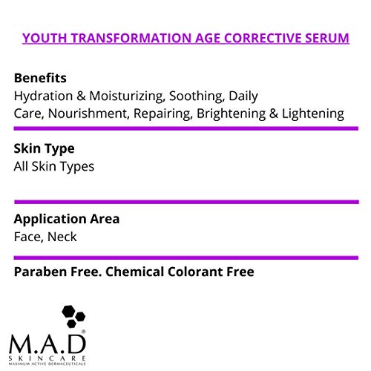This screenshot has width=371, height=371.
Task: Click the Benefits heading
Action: pos(41,77)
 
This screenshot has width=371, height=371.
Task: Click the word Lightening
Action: pos(315,114)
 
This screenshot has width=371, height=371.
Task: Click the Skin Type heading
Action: pos(44,148)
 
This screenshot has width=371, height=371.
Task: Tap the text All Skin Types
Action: pos(54,166)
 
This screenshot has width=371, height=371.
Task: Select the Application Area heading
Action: pos(67,220)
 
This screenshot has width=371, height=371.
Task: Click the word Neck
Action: pos(62,237)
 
